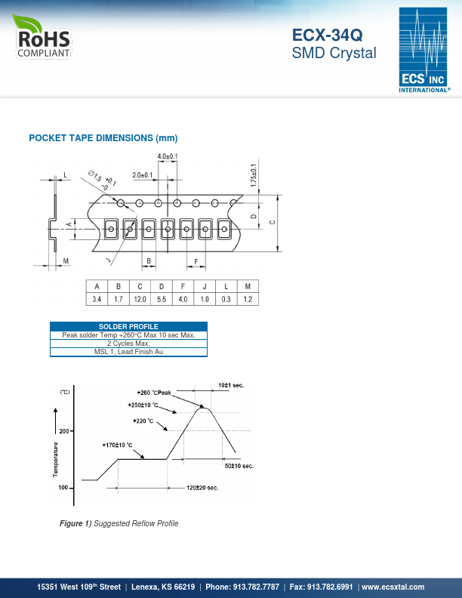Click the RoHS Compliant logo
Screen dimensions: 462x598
point(42,36)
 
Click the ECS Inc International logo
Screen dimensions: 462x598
point(424,50)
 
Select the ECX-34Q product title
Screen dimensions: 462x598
point(327,35)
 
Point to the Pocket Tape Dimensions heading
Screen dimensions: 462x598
point(103,138)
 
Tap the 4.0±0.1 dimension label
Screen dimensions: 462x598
point(168,156)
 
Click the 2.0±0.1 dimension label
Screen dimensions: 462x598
point(143,175)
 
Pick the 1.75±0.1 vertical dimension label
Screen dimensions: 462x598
point(254,175)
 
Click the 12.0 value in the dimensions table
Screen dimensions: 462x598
point(140,299)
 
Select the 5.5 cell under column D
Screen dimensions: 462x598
point(162,299)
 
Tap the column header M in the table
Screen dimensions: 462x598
point(248,286)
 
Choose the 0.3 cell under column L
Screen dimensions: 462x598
point(226,299)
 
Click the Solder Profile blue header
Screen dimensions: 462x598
point(128,326)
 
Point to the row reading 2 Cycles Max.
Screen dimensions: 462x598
point(128,344)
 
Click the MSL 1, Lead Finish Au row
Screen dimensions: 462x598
point(128,352)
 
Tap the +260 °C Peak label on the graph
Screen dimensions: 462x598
point(154,393)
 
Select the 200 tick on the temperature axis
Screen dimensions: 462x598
point(64,431)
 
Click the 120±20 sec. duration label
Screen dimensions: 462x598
point(202,488)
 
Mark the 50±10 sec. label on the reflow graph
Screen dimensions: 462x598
point(239,466)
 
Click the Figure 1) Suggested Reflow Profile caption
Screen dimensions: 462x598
point(119,523)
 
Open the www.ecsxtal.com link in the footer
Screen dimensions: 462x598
point(393,587)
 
